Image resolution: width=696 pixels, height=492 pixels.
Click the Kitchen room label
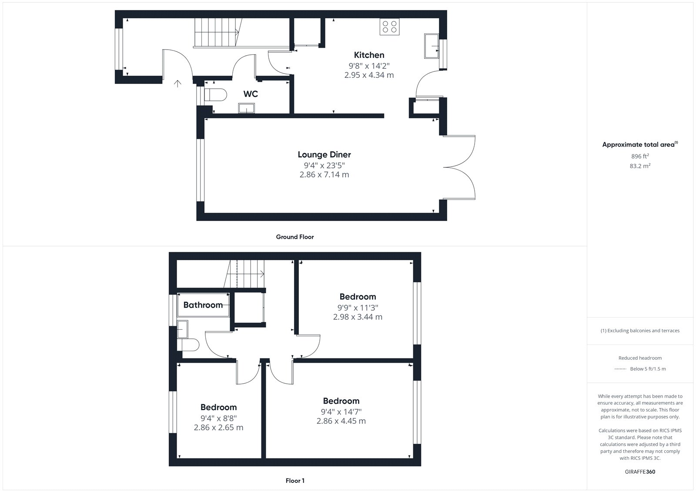click(369, 55)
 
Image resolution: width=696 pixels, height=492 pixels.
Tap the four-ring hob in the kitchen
click(389, 27)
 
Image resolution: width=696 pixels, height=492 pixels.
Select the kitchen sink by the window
click(431, 46)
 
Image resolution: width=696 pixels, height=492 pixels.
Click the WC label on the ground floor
click(251, 94)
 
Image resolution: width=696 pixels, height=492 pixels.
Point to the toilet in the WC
click(215, 95)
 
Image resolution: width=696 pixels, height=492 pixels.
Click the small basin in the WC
click(246, 108)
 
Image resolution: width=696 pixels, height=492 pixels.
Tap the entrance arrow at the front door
click(177, 83)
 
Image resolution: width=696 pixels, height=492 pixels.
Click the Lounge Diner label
click(325, 154)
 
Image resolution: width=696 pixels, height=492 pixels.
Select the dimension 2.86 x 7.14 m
click(325, 175)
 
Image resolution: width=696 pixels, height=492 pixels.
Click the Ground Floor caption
click(295, 237)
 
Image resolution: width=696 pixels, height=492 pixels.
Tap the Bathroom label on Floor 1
click(203, 305)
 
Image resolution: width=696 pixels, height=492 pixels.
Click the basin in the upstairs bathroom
click(182, 329)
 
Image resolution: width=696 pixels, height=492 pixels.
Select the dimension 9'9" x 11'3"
click(358, 308)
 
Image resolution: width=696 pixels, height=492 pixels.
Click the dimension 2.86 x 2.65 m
click(218, 428)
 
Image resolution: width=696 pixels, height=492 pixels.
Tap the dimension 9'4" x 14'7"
click(341, 412)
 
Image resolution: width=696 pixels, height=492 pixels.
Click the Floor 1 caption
click(295, 481)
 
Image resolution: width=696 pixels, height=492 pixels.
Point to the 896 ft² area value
click(640, 156)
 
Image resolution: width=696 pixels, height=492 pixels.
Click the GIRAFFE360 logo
click(640, 472)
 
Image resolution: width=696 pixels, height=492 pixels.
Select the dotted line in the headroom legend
click(620, 369)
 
